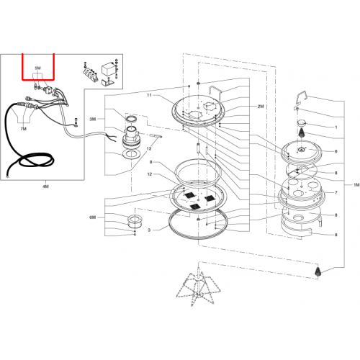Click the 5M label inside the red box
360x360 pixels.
[x=37, y=68]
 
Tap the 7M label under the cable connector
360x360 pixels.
[x=23, y=129]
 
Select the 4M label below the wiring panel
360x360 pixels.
[x=45, y=186]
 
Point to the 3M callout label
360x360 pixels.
[x=93, y=120]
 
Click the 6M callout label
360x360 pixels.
[x=93, y=217]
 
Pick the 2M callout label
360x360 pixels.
[x=261, y=107]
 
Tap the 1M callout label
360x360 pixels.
[x=356, y=185]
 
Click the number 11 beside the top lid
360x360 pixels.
[x=149, y=95]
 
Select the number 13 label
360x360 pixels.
[x=149, y=149]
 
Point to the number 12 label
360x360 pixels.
[x=150, y=174]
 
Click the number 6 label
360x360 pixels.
[x=336, y=151]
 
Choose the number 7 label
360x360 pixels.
[x=336, y=192]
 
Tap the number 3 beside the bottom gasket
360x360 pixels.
[x=149, y=230]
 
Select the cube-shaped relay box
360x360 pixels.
[x=107, y=70]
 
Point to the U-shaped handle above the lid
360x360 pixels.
[x=215, y=93]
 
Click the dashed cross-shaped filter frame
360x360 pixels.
[x=198, y=287]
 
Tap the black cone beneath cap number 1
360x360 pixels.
[x=302, y=132]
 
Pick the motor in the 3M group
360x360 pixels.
[x=131, y=138]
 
